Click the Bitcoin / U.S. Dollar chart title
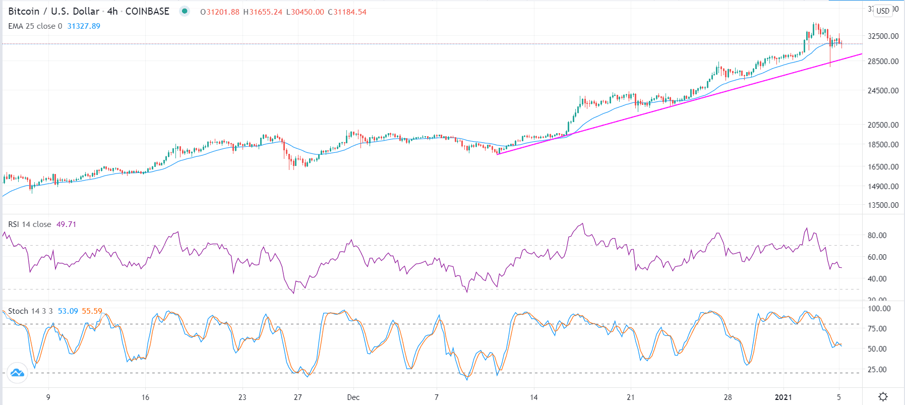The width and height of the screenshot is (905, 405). [53, 11]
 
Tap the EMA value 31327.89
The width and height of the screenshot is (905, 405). [84, 26]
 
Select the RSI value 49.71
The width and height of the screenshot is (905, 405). [66, 224]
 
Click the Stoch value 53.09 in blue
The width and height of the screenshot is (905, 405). [68, 311]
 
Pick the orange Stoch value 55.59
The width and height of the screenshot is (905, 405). [92, 311]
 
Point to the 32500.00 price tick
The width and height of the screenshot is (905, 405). [883, 36]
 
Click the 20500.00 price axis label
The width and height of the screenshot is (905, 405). [883, 125]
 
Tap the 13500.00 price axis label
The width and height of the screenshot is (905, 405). [883, 205]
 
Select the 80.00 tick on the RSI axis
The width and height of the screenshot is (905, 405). [877, 235]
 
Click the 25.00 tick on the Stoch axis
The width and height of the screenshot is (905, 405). [877, 369]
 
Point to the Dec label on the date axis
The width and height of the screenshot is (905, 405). [353, 397]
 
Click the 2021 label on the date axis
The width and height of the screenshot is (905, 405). [783, 397]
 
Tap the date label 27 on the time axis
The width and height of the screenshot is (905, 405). [298, 397]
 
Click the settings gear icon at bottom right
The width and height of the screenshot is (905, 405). [883, 397]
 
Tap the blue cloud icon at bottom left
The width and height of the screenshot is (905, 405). [17, 373]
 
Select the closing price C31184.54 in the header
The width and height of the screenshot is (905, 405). [347, 12]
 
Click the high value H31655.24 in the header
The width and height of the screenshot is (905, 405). [263, 12]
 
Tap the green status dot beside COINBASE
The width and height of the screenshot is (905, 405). [185, 11]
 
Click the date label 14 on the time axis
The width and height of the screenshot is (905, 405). [533, 397]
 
